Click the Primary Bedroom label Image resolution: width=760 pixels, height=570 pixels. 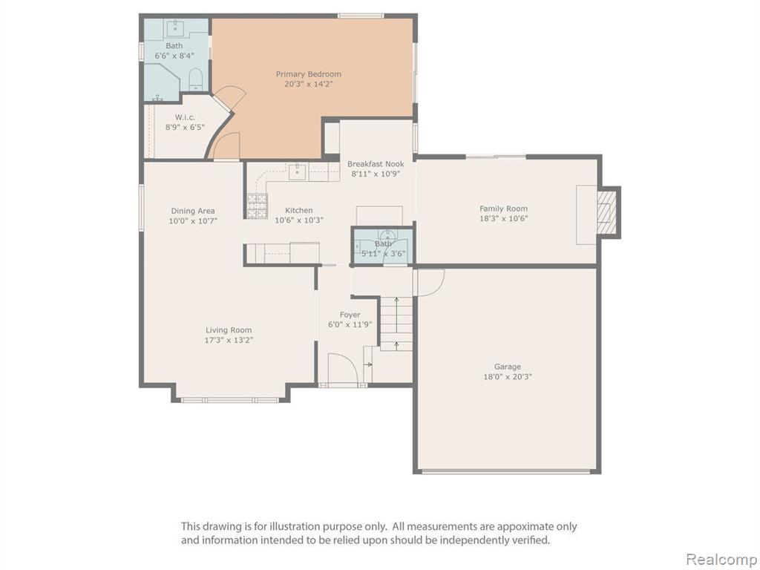click(x=308, y=74)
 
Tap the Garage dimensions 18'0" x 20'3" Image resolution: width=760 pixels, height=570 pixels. click(x=508, y=376)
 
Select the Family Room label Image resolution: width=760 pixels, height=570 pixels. click(x=504, y=209)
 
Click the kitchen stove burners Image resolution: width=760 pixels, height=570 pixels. click(x=258, y=206)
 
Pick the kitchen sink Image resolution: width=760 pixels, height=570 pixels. click(x=297, y=171)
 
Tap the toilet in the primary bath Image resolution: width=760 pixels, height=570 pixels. click(x=195, y=79)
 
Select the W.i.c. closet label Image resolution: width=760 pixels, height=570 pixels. click(x=185, y=117)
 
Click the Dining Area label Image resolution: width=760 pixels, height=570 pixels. click(x=193, y=211)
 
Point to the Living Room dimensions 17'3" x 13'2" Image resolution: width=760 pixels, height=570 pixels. click(x=229, y=340)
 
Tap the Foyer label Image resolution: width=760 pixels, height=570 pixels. click(x=350, y=315)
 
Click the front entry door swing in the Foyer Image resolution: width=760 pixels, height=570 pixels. click(x=343, y=368)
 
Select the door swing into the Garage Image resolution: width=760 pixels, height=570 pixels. click(x=430, y=282)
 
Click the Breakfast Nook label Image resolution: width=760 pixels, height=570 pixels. click(x=376, y=164)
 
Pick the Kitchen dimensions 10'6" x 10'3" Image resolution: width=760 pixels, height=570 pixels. click(x=299, y=220)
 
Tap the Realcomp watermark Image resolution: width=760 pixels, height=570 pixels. click(x=722, y=560)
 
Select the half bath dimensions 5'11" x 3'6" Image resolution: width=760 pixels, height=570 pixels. click(x=383, y=254)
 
